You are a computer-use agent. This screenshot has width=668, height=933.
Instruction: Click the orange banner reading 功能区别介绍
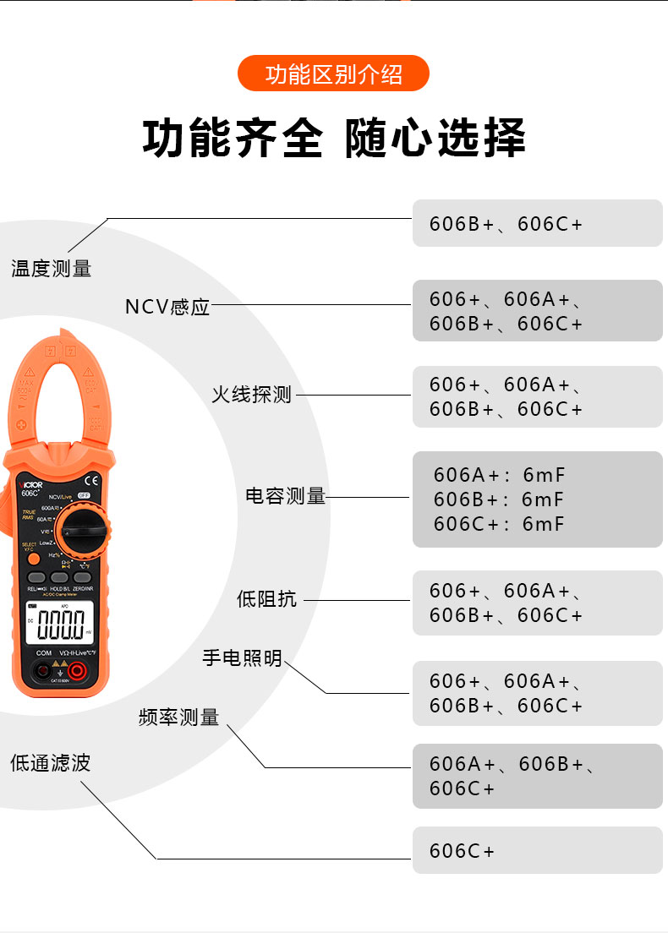click(x=333, y=74)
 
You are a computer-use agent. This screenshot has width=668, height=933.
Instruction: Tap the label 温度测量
click(x=51, y=269)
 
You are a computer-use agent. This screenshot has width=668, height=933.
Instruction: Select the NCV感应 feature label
click(x=167, y=307)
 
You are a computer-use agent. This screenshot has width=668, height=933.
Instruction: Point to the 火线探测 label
click(x=251, y=394)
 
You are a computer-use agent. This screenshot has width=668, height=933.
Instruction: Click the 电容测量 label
click(x=286, y=496)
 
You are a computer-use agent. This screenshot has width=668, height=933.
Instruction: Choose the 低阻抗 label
click(x=266, y=599)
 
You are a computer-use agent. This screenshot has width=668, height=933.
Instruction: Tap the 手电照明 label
click(x=242, y=657)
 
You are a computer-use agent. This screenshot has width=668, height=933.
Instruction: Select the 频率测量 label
click(x=178, y=717)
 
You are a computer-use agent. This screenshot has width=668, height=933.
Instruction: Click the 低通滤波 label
click(x=50, y=763)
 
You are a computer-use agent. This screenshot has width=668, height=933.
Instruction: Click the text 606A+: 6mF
click(x=498, y=475)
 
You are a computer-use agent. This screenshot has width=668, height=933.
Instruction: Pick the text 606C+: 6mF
click(x=498, y=524)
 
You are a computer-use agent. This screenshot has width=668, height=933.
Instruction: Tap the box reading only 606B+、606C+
click(x=537, y=224)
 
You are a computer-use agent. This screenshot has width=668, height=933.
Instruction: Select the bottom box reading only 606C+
click(x=537, y=850)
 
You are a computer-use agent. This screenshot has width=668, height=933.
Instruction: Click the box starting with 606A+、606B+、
click(x=537, y=776)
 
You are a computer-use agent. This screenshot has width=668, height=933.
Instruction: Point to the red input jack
click(x=77, y=671)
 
